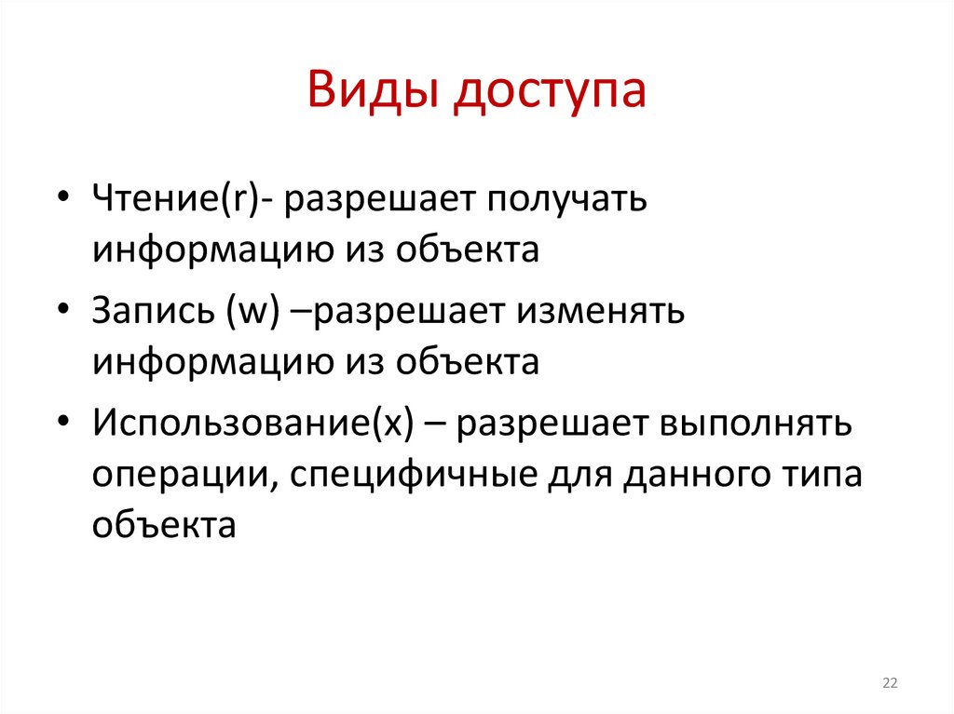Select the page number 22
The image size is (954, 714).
[890, 684]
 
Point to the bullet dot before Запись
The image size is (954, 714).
[61, 311]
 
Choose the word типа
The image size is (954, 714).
[823, 476]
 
